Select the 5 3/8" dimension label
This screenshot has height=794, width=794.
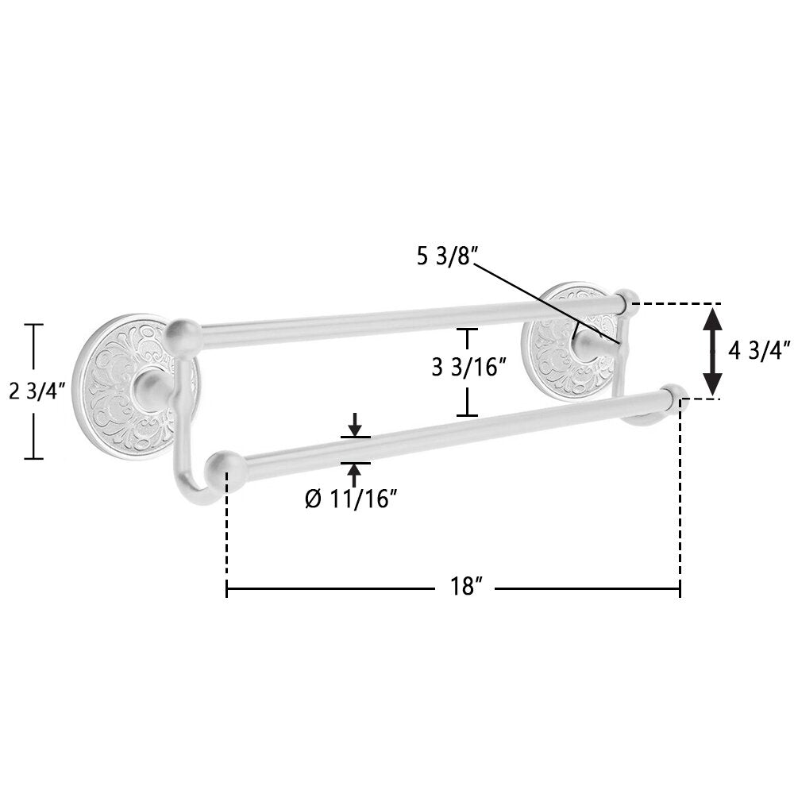(x=445, y=257)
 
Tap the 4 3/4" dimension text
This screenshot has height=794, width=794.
(x=759, y=350)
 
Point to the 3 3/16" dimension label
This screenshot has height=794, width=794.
(x=468, y=367)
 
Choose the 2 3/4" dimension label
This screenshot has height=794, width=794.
(x=37, y=391)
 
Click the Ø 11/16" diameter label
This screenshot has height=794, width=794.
(x=350, y=499)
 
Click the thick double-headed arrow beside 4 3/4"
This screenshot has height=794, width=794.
(x=712, y=351)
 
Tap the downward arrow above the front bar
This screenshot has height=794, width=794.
(x=356, y=424)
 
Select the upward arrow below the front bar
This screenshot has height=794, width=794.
(x=356, y=476)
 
